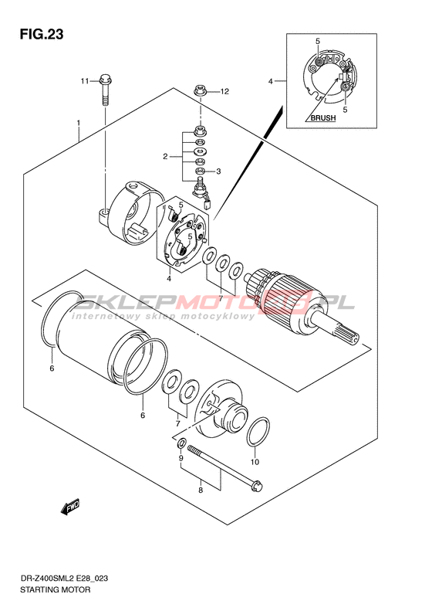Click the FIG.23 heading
point(42,34)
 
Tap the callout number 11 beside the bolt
point(85,81)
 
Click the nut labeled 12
point(200,93)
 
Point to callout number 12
point(224,92)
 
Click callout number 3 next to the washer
point(218,171)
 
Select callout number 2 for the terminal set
point(165,157)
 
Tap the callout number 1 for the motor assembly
point(79,123)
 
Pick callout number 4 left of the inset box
point(271,81)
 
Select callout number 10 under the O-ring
point(255,462)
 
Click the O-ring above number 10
point(258,431)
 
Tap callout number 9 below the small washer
point(181,458)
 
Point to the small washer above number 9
point(181,444)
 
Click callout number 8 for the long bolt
point(201,490)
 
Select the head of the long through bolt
point(257,485)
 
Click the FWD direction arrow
point(70,507)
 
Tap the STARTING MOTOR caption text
point(55,590)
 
